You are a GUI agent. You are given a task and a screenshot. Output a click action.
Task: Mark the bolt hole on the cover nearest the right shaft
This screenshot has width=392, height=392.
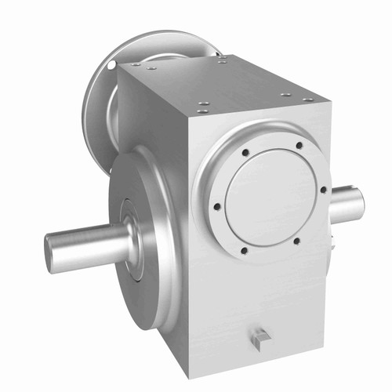click(323, 188)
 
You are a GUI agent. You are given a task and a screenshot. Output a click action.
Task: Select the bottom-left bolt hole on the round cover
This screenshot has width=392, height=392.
click(243, 251)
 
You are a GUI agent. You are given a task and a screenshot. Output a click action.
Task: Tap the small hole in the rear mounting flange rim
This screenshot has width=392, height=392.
click(112, 62)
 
